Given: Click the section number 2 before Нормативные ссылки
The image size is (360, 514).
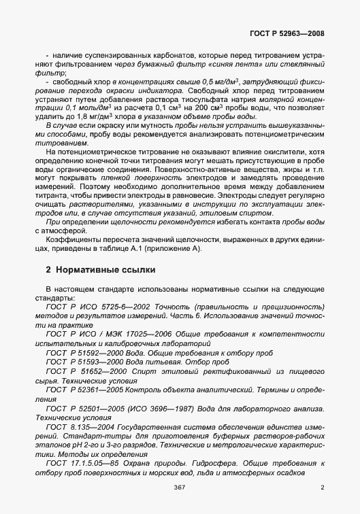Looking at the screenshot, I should click(x=48, y=270).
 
